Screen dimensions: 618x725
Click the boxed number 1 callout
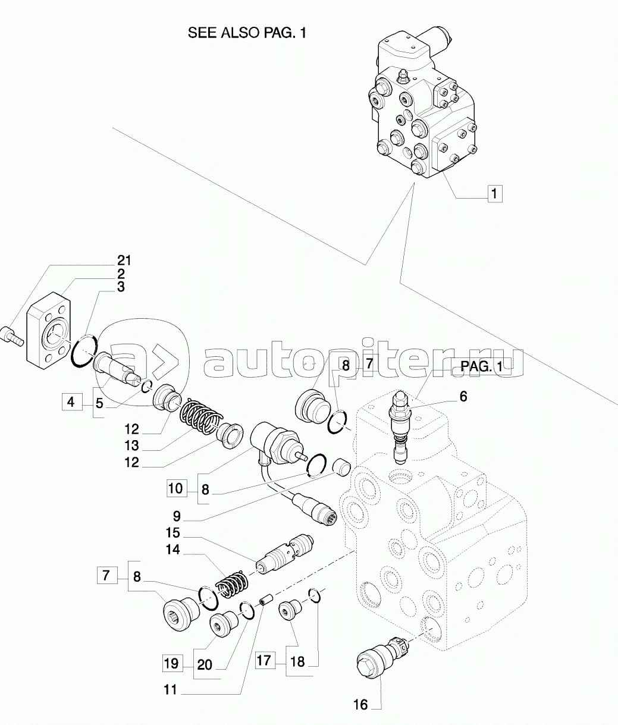[x=494, y=194]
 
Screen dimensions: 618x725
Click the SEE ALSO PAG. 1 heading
[x=247, y=33]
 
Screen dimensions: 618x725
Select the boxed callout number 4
[x=71, y=402]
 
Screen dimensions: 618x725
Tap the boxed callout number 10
[x=175, y=488]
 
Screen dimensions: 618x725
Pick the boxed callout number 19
[x=172, y=663]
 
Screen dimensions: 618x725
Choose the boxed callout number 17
[x=263, y=660]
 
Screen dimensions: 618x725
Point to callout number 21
[x=124, y=261]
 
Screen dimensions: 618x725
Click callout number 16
[x=360, y=704]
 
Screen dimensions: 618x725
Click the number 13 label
[x=131, y=445]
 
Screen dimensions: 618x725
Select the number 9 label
[x=177, y=516]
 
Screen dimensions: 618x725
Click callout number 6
[x=463, y=397]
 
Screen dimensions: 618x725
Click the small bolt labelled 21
[x=13, y=336]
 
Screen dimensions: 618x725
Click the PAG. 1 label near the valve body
[x=482, y=366]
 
